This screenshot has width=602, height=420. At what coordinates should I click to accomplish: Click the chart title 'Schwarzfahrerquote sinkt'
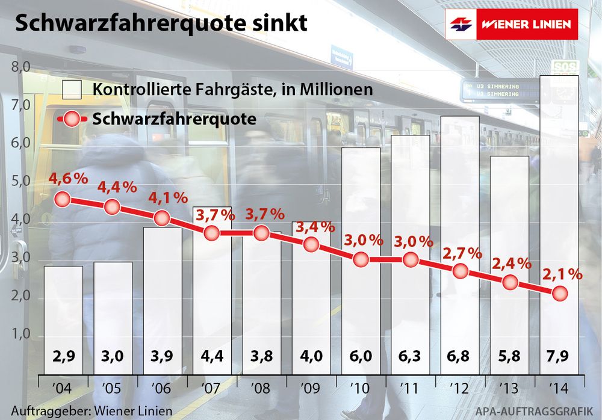161,23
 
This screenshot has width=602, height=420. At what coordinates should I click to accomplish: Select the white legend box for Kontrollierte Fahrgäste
72,89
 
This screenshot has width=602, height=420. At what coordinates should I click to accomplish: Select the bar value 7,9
559,357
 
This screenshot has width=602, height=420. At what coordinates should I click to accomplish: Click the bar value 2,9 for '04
63,357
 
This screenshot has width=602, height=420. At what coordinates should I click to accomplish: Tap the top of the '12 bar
460,117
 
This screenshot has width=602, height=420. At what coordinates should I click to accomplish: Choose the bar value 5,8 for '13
509,357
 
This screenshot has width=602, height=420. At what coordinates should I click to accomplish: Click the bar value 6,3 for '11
411,357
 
